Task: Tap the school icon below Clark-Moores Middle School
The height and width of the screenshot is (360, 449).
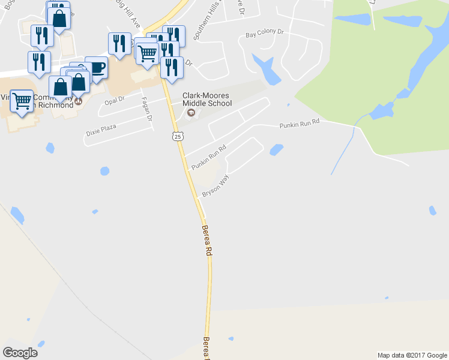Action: click(191, 113)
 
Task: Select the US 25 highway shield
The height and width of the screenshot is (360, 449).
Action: click(178, 137)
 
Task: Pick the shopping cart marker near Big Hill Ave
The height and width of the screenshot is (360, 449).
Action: click(146, 53)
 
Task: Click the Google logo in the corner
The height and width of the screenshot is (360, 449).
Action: click(20, 353)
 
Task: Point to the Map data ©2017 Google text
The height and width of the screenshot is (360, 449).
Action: click(412, 355)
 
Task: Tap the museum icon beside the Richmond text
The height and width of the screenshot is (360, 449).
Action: click(78, 103)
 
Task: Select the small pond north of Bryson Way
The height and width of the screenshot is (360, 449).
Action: click(276, 149)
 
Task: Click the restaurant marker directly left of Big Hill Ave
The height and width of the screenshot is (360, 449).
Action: click(119, 43)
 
